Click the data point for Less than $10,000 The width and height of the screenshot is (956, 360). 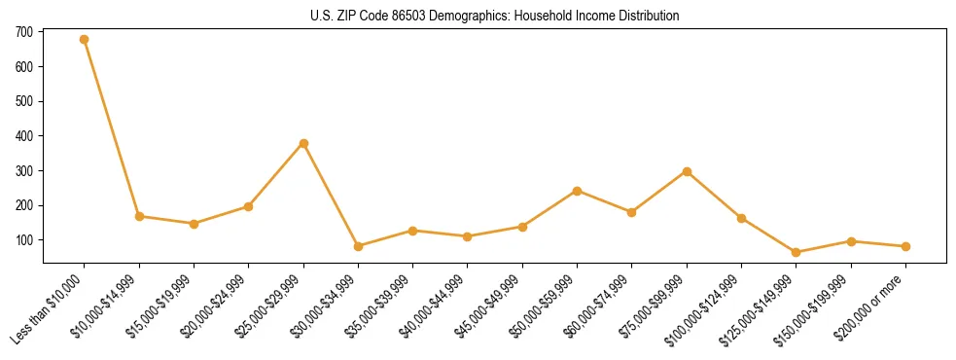[x=84, y=40]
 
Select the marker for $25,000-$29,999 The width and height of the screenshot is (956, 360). [x=303, y=143]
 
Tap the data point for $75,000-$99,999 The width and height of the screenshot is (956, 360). [x=687, y=171]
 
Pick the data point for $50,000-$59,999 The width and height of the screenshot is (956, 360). [x=577, y=191]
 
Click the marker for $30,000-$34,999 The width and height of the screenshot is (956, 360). [x=358, y=246]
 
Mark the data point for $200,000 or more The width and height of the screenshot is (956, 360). [x=905, y=246]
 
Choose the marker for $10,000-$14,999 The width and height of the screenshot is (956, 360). [x=139, y=216]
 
